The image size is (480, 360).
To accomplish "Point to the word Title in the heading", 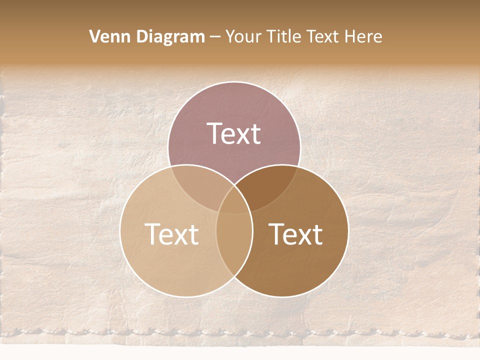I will [283, 36].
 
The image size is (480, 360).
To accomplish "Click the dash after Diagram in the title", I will [215, 37].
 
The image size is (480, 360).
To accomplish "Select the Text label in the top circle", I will [234, 133].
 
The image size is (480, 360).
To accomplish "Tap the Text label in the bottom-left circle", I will [171, 233].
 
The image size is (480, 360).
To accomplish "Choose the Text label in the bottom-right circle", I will [296, 233].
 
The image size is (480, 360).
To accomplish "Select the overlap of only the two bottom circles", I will [234, 245].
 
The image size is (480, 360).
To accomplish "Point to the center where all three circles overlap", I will [234, 202].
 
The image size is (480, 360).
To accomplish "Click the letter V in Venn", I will [94, 36].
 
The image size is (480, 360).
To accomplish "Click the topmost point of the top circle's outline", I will [234, 81].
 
